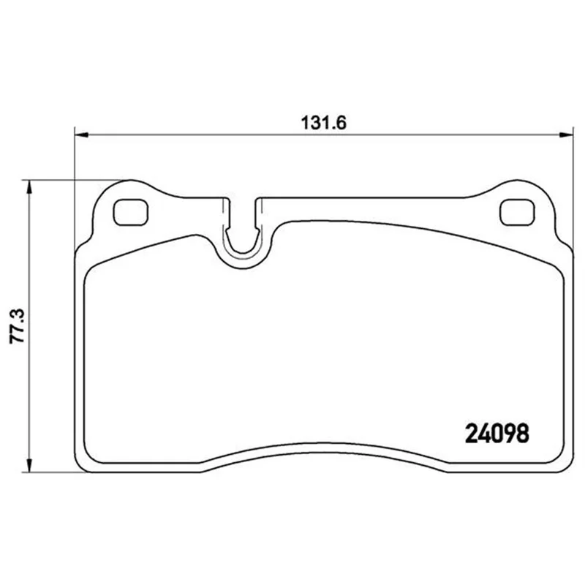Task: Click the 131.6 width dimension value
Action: pyautogui.click(x=323, y=123)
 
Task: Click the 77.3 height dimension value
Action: pyautogui.click(x=17, y=325)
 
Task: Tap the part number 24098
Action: pyautogui.click(x=497, y=434)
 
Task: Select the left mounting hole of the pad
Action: pyautogui.click(x=131, y=213)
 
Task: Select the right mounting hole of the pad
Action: pyautogui.click(x=517, y=213)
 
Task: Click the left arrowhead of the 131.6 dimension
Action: pyautogui.click(x=81, y=135)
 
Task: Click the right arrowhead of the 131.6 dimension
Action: pyautogui.click(x=566, y=135)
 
